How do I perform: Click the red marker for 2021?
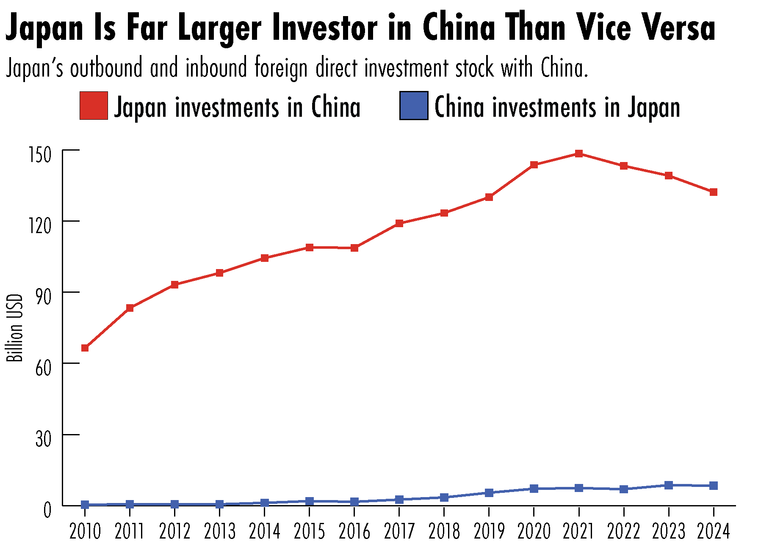[x=578, y=154]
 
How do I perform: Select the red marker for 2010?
[x=85, y=348]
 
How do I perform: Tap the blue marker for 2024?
[x=713, y=486]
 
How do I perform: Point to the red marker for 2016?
[x=354, y=248]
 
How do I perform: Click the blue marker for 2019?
[x=489, y=493]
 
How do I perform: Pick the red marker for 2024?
[x=713, y=192]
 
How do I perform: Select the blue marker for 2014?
[x=265, y=503]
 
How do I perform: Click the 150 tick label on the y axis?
[x=39, y=155]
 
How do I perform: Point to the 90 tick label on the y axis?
[x=43, y=297]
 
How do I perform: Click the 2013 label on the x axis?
[x=219, y=532]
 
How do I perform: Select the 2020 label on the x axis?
[x=534, y=532]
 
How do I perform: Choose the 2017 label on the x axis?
[x=399, y=532]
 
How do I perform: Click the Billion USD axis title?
[x=15, y=328]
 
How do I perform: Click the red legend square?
[x=94, y=106]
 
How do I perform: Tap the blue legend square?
[x=413, y=106]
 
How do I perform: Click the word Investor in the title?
[x=324, y=27]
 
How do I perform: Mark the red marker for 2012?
[x=174, y=285]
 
